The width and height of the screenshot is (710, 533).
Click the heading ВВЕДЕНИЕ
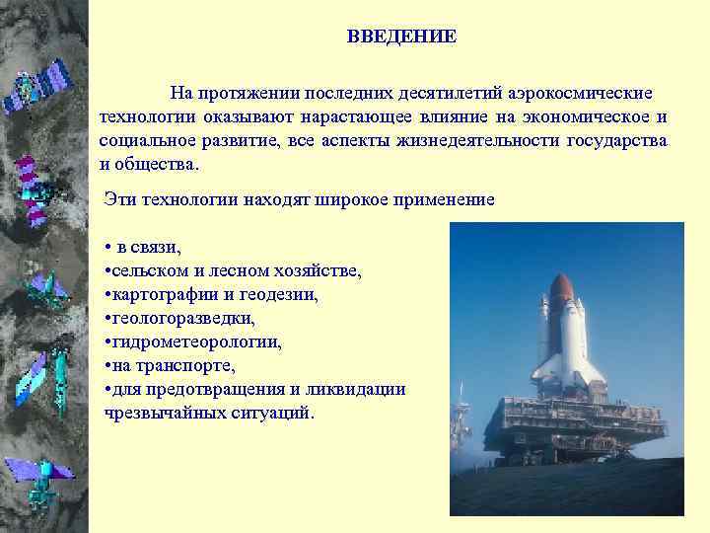pos(401,38)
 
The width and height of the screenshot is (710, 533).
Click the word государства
pos(617,140)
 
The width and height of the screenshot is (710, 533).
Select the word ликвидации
pos(360,390)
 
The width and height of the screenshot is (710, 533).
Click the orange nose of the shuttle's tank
pos(561,287)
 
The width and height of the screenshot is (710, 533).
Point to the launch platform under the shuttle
pos(567,424)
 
